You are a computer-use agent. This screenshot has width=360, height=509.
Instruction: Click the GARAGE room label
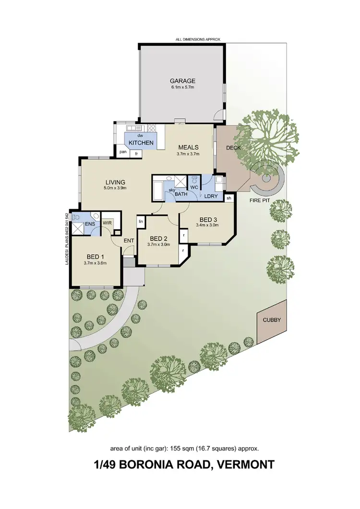[x=182, y=81]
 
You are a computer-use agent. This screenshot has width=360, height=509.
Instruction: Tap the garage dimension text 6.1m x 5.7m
[x=182, y=88]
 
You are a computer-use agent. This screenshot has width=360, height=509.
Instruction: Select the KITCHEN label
[x=141, y=143]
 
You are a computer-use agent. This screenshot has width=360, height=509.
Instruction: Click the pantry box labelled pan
[x=123, y=153]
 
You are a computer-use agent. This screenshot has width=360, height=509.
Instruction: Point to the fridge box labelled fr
[x=136, y=153]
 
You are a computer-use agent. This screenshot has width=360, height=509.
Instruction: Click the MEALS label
[x=189, y=147]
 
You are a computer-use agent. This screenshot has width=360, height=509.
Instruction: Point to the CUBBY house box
[x=272, y=320]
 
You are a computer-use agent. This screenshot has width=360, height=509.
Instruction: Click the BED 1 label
[x=95, y=256]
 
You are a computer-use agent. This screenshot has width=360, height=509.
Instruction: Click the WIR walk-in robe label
[x=107, y=223]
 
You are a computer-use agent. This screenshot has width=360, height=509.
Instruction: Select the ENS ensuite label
[x=89, y=224]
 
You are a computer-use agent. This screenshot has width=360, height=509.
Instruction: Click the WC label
[x=194, y=187]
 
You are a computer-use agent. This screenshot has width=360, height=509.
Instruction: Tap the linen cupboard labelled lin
[x=141, y=221]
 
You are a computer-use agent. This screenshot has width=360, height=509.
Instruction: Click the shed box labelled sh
[x=229, y=198]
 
